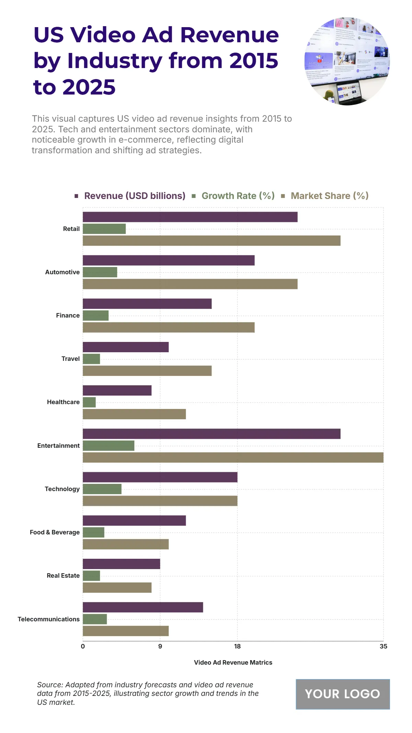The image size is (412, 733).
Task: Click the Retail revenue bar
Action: pos(190,217)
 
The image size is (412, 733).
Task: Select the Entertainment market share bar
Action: pos(233,457)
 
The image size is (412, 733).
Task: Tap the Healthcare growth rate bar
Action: pos(89,402)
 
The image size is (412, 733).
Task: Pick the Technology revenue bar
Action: pos(160,477)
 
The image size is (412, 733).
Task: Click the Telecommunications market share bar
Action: pos(126,631)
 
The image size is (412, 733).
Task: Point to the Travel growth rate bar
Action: pos(91,359)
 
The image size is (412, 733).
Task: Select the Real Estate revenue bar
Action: pos(121,564)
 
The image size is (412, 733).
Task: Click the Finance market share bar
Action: pos(169,327)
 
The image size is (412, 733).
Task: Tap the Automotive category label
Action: pos(62,272)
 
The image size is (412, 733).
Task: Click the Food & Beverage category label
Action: pos(55,532)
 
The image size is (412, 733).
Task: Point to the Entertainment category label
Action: pos(58,446)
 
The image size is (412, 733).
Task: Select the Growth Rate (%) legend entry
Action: pos(238,196)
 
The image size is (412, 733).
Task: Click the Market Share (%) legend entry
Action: pos(329,196)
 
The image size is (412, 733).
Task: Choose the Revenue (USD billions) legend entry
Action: pos(135,196)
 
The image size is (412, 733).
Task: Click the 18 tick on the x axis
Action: pos(237,646)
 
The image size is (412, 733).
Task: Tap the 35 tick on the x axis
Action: pos(383,646)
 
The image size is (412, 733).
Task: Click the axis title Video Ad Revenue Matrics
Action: pos(233,663)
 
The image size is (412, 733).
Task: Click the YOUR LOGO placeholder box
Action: pos(343,694)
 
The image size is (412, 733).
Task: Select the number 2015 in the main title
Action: pos(253,61)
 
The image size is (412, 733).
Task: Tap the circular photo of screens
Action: pos(347,61)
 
